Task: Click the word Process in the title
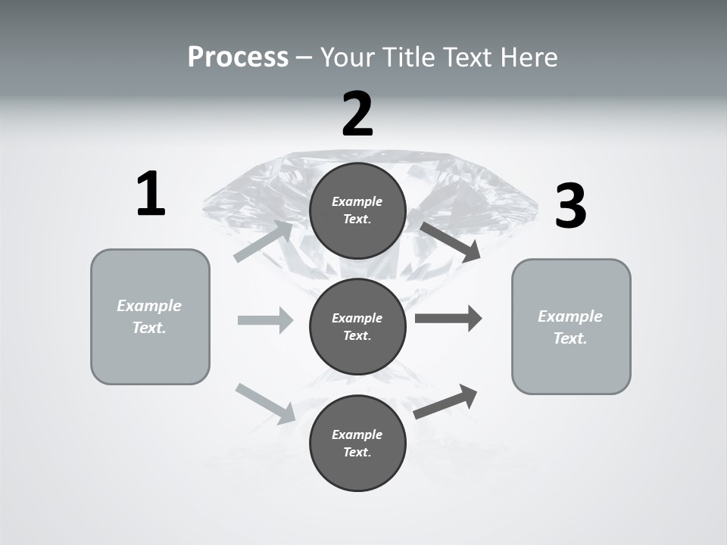coord(238,58)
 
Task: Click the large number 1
coord(151,194)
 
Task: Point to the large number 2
coord(357,114)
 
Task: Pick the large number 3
coord(570,206)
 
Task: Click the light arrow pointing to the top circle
coord(264,241)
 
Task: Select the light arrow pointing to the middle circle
coord(266,320)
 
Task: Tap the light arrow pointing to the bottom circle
coord(266,403)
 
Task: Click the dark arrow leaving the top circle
coord(451,241)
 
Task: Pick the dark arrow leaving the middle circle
coord(448,318)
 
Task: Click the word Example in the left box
coord(149,306)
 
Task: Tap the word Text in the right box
coord(570,338)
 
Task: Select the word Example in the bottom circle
coord(357,434)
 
